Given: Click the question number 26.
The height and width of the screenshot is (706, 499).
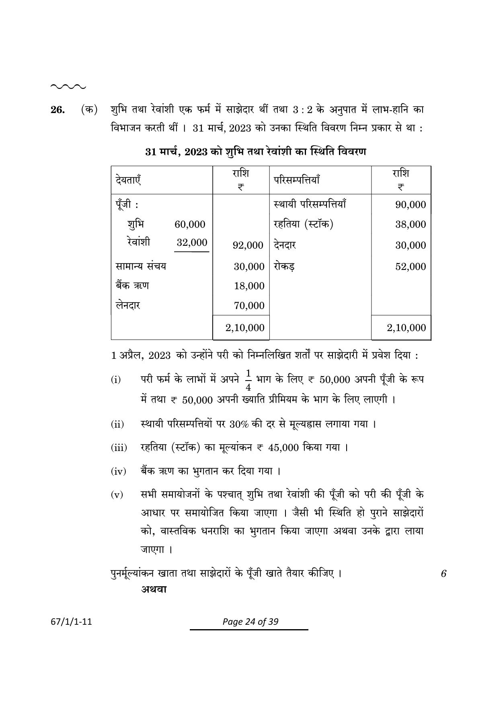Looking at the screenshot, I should (57, 110).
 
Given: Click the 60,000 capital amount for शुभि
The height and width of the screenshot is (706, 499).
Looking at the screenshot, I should (190, 224).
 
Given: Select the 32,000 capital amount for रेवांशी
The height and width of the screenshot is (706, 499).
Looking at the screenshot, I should (192, 243).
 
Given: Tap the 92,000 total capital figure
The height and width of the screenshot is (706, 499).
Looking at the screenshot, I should (248, 245).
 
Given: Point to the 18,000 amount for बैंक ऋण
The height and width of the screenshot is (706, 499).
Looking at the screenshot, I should (249, 286).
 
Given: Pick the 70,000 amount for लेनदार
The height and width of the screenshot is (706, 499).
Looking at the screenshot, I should (249, 306).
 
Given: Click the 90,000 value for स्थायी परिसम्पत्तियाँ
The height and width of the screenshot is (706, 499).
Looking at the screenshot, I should (410, 205).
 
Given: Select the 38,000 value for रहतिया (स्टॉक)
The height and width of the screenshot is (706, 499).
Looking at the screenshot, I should (410, 224).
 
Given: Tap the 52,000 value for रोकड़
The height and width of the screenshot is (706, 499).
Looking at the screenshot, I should (410, 267).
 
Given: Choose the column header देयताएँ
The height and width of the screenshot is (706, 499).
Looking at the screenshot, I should (128, 180).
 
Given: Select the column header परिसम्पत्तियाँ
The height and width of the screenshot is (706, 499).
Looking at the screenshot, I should (296, 180).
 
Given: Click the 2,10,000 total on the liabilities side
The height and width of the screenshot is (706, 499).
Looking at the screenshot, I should (245, 328).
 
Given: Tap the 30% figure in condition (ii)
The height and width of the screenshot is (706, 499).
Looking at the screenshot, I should (239, 424).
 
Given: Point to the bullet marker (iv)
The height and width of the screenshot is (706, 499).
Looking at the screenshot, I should (118, 471).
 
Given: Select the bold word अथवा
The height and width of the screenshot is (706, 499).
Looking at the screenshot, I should (154, 589).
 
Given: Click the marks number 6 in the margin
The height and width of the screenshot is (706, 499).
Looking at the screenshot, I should (444, 574).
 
